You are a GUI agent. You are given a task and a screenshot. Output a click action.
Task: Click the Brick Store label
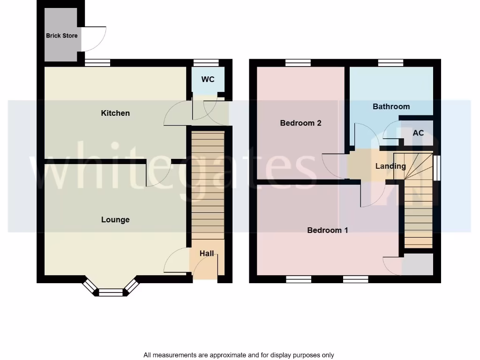point(61,36)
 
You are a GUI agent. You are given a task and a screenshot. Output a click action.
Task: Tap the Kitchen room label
point(115,113)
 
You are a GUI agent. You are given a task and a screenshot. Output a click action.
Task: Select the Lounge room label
point(115,220)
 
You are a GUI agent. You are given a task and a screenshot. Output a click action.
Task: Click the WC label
point(208,79)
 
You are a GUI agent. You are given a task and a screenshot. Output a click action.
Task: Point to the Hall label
point(207,254)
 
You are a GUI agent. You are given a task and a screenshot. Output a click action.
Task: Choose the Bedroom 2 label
point(300,123)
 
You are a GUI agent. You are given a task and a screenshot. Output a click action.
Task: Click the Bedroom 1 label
point(327,230)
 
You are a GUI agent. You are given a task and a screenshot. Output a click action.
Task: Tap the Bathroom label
point(391,106)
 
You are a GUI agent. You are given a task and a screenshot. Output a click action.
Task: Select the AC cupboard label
point(418,133)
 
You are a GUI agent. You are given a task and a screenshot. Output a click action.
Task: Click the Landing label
point(390,166)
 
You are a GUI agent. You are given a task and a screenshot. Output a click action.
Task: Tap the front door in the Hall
point(204,270)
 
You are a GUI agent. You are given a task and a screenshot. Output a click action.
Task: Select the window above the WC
point(206,62)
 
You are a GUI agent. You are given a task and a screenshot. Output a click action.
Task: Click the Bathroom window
point(391,62)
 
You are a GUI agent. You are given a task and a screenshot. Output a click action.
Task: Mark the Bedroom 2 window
point(298,62)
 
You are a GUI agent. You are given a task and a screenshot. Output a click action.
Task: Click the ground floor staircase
point(208,185)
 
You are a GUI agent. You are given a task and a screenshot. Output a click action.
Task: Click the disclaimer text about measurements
point(239,355)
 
